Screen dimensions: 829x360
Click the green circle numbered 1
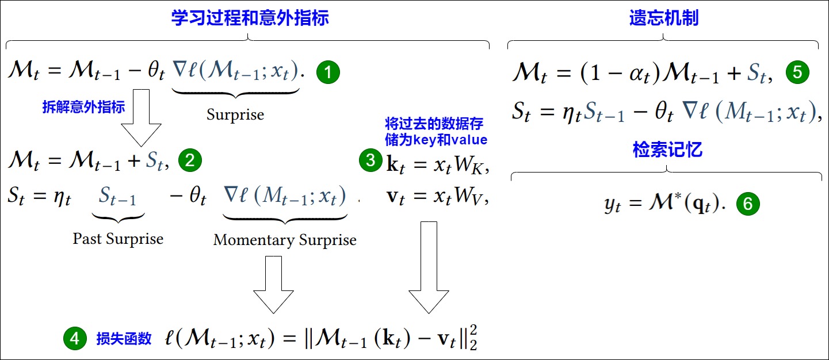[328, 72]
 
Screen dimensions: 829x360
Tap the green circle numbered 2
[190, 160]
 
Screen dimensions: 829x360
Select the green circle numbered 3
[370, 160]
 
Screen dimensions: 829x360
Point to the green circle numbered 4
[75, 338]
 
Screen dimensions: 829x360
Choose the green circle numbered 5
[797, 72]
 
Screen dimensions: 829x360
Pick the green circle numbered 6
[748, 204]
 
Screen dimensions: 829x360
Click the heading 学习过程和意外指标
[250, 18]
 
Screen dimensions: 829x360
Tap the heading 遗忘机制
[664, 18]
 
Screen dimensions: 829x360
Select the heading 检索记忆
[667, 150]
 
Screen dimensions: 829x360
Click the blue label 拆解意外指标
[83, 107]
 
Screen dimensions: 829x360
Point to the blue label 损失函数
[124, 339]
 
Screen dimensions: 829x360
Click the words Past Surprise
[118, 239]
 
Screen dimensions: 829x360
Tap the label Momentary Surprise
[285, 240]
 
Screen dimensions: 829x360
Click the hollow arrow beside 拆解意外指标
[141, 118]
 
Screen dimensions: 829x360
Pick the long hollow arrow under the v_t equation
[429, 267]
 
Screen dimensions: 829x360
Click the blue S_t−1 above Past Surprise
[117, 196]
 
